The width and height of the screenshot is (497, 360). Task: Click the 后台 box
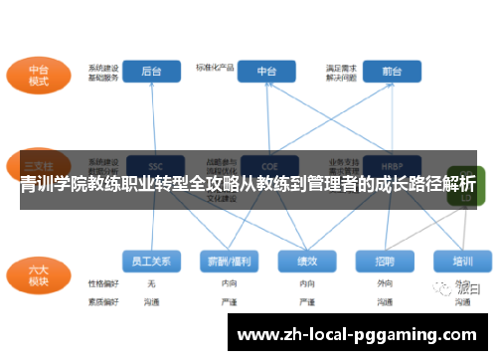click(152, 72)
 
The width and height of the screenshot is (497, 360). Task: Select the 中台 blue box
click(266, 72)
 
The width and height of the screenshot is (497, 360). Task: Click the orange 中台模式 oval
click(39, 76)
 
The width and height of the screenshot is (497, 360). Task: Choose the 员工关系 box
click(152, 261)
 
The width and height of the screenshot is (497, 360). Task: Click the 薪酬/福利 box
click(229, 261)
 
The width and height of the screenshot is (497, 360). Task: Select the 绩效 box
click(305, 261)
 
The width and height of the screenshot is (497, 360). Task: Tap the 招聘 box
click(385, 261)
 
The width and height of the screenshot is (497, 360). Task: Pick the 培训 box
click(461, 261)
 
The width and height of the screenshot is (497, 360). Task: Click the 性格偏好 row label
click(102, 283)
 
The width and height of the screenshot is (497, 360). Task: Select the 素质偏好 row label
click(102, 299)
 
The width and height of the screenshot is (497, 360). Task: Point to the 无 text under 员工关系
click(151, 283)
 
